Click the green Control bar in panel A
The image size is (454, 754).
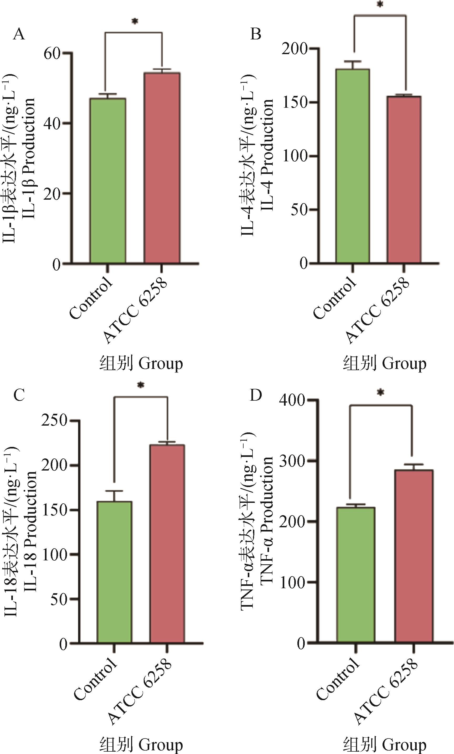tap(108, 180)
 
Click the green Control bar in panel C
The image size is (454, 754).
tap(114, 572)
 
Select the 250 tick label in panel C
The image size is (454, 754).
tap(54, 421)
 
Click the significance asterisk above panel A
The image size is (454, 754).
tap(135, 22)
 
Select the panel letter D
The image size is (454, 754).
tap(256, 395)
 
